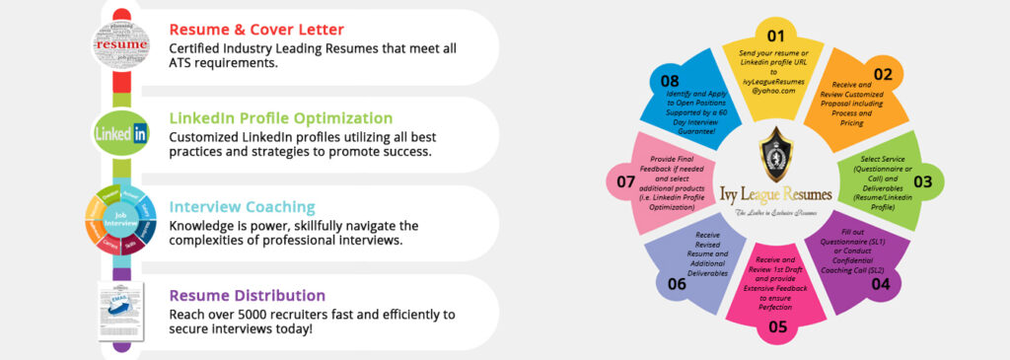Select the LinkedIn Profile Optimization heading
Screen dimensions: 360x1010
[x=280, y=118]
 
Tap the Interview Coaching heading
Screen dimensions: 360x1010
[x=242, y=207]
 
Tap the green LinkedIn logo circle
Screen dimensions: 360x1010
[x=121, y=131]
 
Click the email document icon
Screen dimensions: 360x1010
[x=121, y=310]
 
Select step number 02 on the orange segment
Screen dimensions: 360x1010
[x=882, y=74]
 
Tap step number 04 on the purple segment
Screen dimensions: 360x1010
[x=880, y=284]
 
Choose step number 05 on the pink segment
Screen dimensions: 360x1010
[x=778, y=327]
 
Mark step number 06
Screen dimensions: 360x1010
[x=676, y=284]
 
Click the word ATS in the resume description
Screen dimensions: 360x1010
[x=185, y=64]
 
